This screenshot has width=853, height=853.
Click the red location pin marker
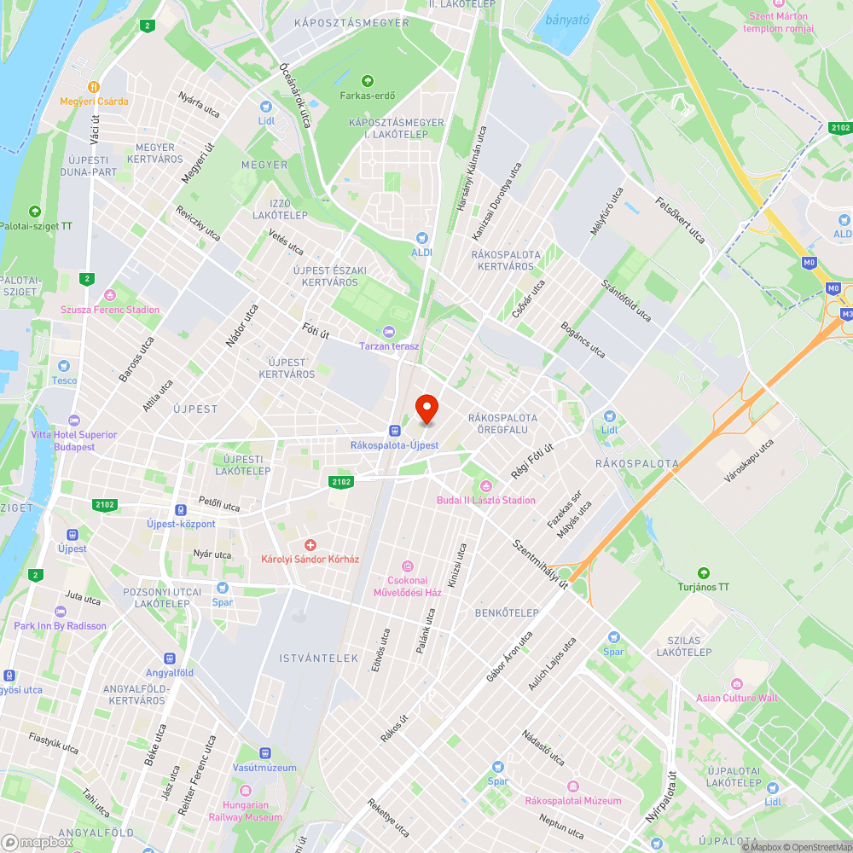pos(426,409)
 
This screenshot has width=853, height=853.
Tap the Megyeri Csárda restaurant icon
pos(94,86)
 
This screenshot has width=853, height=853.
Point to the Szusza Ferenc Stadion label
pos(110,310)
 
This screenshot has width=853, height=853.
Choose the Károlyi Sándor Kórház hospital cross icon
pos(310,544)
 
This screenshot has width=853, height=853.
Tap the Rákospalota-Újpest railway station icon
pos(394,431)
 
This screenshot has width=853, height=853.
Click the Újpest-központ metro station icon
pos(181,509)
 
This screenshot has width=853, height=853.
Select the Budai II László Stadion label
pos(486,500)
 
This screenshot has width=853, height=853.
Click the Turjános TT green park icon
pos(704,572)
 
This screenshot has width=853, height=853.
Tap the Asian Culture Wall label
pos(737,698)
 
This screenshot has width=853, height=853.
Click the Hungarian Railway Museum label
pos(246,810)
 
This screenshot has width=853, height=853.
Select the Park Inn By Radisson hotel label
pos(61,625)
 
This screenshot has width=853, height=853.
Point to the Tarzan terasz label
pos(390,345)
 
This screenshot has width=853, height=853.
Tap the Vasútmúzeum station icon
pos(265,753)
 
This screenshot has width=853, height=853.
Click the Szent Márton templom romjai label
pos(778,22)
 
